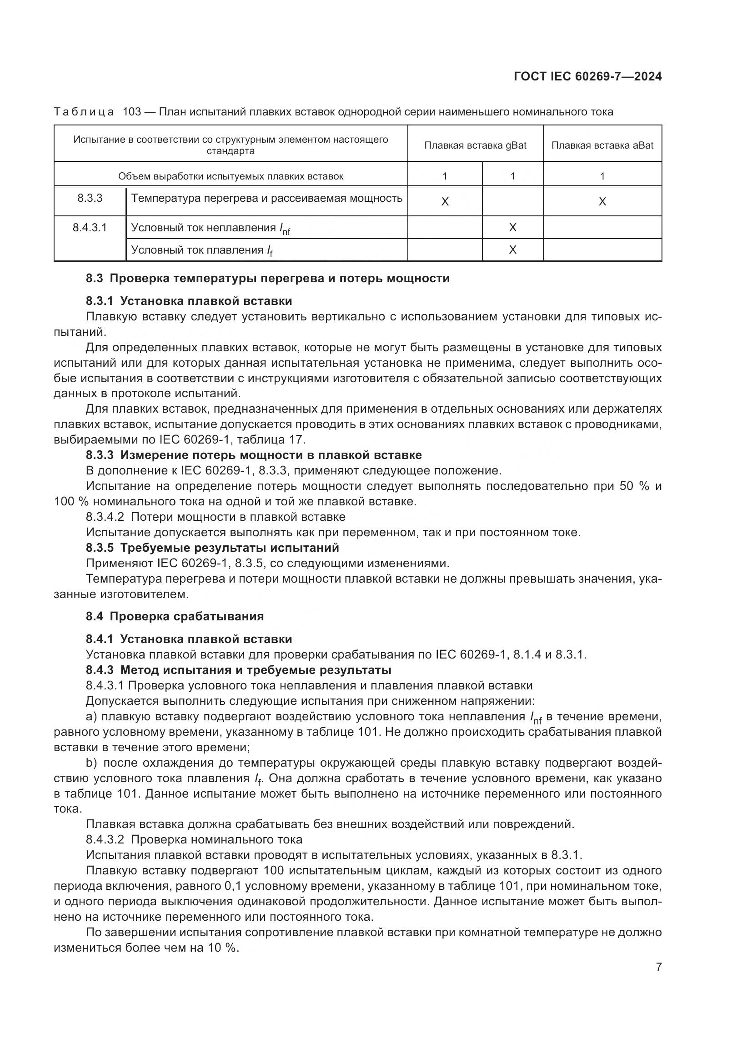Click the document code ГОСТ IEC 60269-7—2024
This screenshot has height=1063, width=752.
587,76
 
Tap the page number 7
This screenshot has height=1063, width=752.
658,967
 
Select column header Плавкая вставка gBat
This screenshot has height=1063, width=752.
475,145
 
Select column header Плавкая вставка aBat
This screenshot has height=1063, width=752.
602,145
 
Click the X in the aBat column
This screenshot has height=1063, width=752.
602,201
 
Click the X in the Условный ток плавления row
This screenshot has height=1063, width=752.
512,250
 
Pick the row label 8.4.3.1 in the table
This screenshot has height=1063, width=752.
90,228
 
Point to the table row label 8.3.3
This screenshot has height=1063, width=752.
90,198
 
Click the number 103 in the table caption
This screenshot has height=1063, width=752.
132,112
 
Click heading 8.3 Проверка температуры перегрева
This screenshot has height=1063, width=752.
268,278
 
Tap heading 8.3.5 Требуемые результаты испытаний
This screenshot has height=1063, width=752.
212,548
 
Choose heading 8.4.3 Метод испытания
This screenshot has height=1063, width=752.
239,670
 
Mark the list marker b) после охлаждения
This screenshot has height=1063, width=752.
91,763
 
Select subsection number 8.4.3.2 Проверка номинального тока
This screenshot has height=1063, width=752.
105,839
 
